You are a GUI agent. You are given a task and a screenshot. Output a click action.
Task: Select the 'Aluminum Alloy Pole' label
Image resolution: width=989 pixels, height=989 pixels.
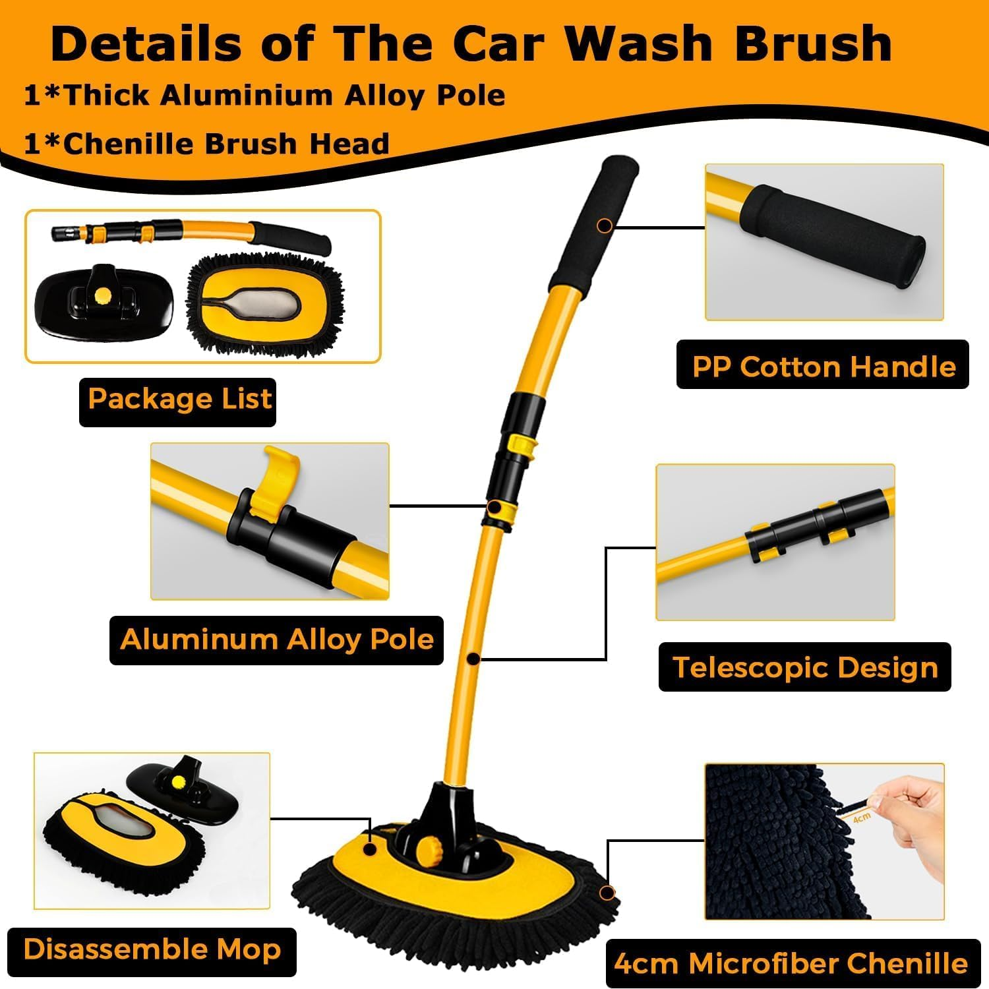276,640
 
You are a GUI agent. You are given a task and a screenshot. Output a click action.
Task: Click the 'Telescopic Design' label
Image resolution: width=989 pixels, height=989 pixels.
804,667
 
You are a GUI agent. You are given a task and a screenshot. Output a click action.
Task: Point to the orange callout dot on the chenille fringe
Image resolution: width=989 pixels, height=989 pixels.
607,893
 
